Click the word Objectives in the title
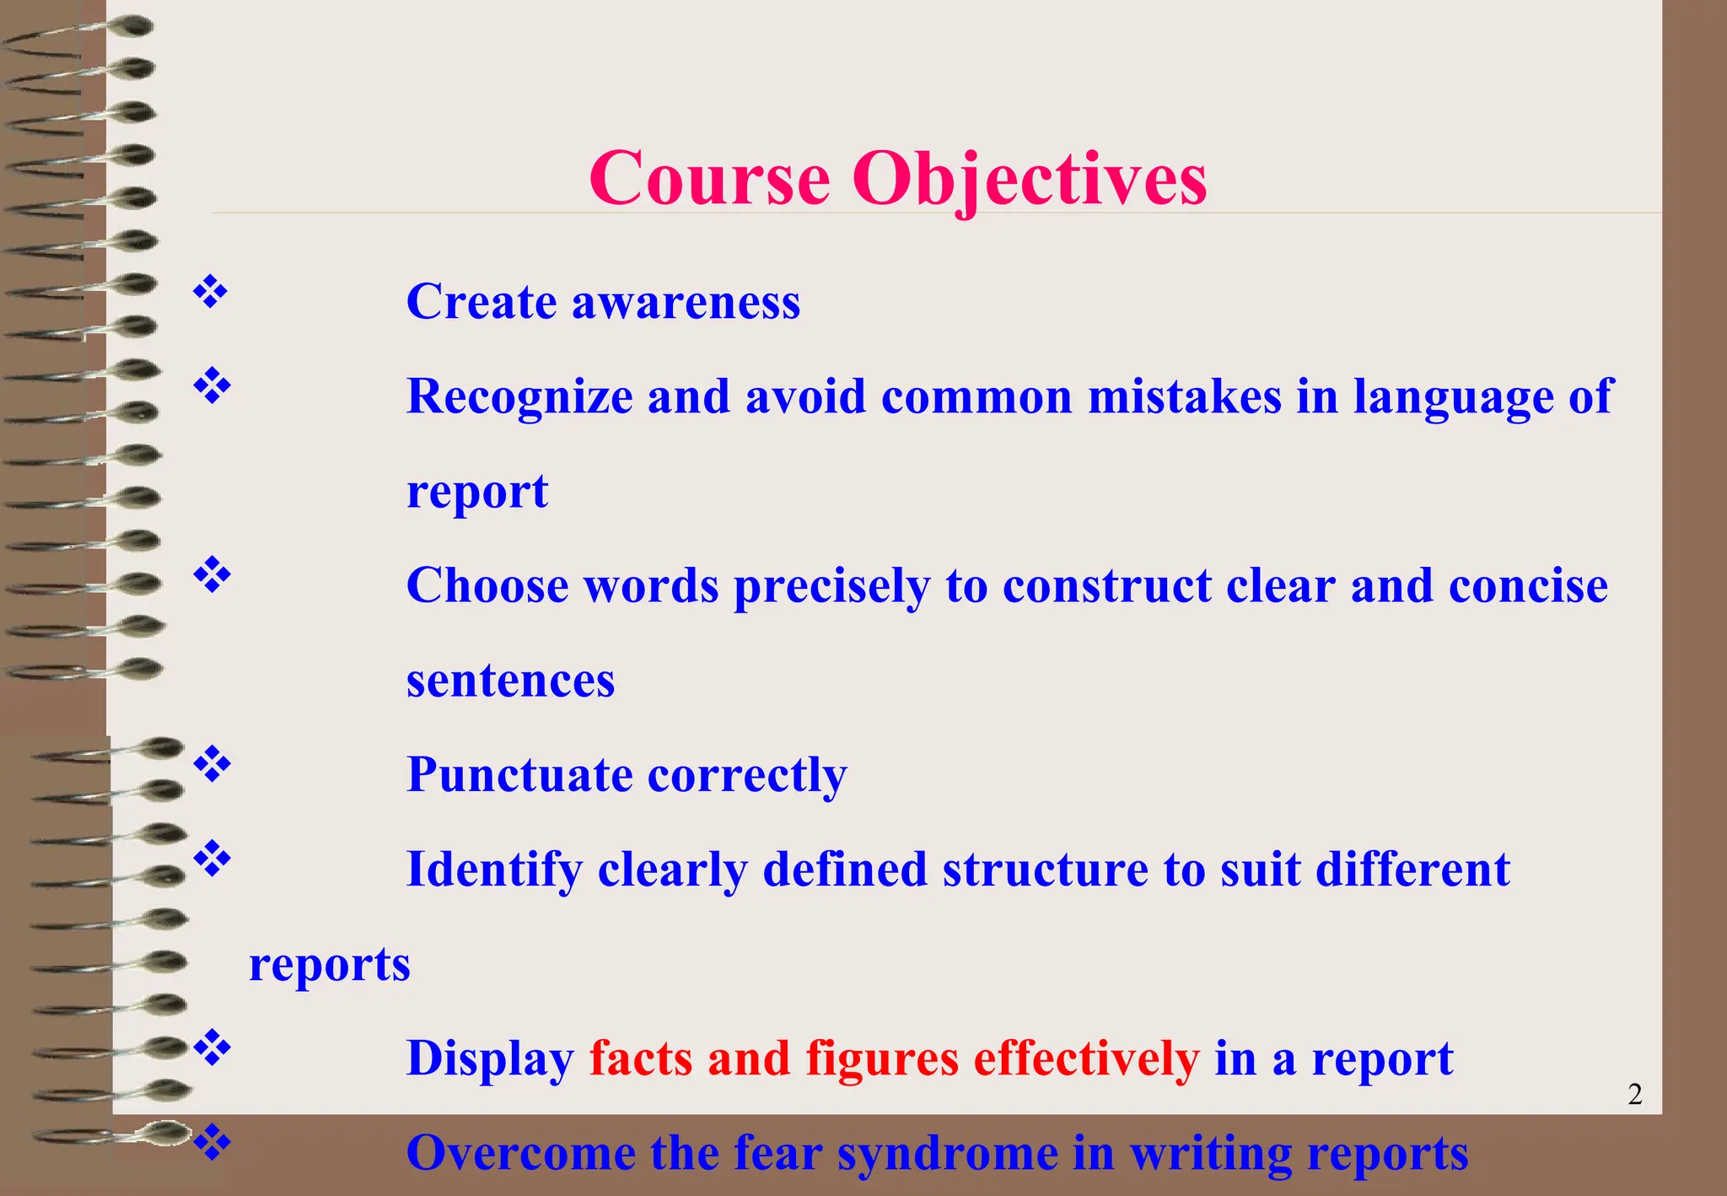1030,180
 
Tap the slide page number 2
1634,1094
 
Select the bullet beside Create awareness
212,292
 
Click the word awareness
686,302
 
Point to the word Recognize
519,396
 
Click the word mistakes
1184,396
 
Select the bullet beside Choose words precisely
212,575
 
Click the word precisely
831,586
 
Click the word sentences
510,680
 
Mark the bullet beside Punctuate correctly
212,764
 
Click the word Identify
494,870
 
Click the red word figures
882,1059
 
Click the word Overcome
520,1153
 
